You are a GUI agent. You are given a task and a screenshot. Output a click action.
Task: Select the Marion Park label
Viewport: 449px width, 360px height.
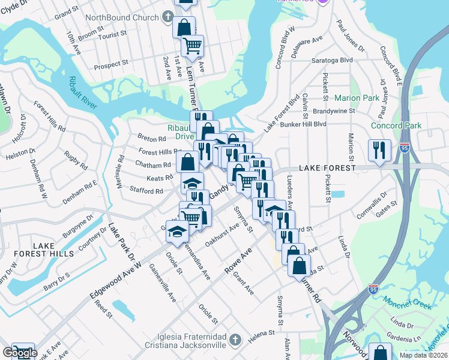pyautogui.click(x=357, y=98)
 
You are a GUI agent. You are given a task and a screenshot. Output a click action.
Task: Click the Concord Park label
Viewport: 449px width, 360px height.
pyautogui.click(x=396, y=125)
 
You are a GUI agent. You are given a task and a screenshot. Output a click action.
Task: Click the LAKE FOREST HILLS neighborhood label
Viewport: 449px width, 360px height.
pyautogui.click(x=53, y=250)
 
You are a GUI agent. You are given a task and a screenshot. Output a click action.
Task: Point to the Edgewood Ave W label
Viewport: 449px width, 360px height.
pyautogui.click(x=116, y=275)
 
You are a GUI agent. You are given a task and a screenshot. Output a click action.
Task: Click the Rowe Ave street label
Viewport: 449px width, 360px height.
pyautogui.click(x=237, y=262)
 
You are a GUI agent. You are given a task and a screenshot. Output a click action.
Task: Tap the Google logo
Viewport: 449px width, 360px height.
pyautogui.click(x=20, y=353)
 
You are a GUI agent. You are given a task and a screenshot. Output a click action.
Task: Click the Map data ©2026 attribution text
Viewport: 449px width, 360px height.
pyautogui.click(x=423, y=355)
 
